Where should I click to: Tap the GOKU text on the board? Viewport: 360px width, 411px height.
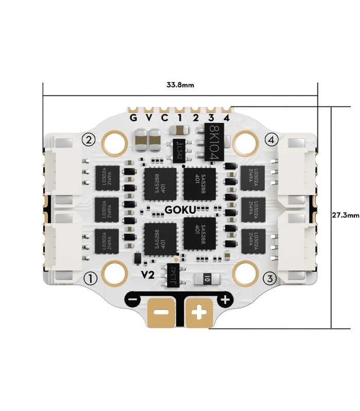click(x=179, y=209)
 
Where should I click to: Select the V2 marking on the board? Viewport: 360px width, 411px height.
click(x=148, y=275)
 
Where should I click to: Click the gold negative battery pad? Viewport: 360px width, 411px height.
click(x=161, y=312)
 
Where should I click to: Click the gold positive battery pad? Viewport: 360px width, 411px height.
click(x=198, y=312)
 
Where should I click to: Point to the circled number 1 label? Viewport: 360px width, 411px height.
click(x=91, y=278)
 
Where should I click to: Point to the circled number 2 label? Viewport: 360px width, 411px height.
click(x=89, y=140)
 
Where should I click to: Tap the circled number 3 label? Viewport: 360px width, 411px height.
click(x=269, y=278)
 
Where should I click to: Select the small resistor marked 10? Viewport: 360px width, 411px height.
click(x=207, y=279)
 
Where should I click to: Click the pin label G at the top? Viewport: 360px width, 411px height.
click(x=133, y=118)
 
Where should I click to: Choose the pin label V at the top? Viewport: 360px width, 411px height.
click(x=149, y=118)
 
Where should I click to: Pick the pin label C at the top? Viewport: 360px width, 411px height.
click(x=165, y=118)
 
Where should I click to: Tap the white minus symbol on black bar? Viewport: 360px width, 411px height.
click(x=133, y=300)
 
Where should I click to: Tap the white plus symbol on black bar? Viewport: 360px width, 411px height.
click(x=225, y=300)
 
